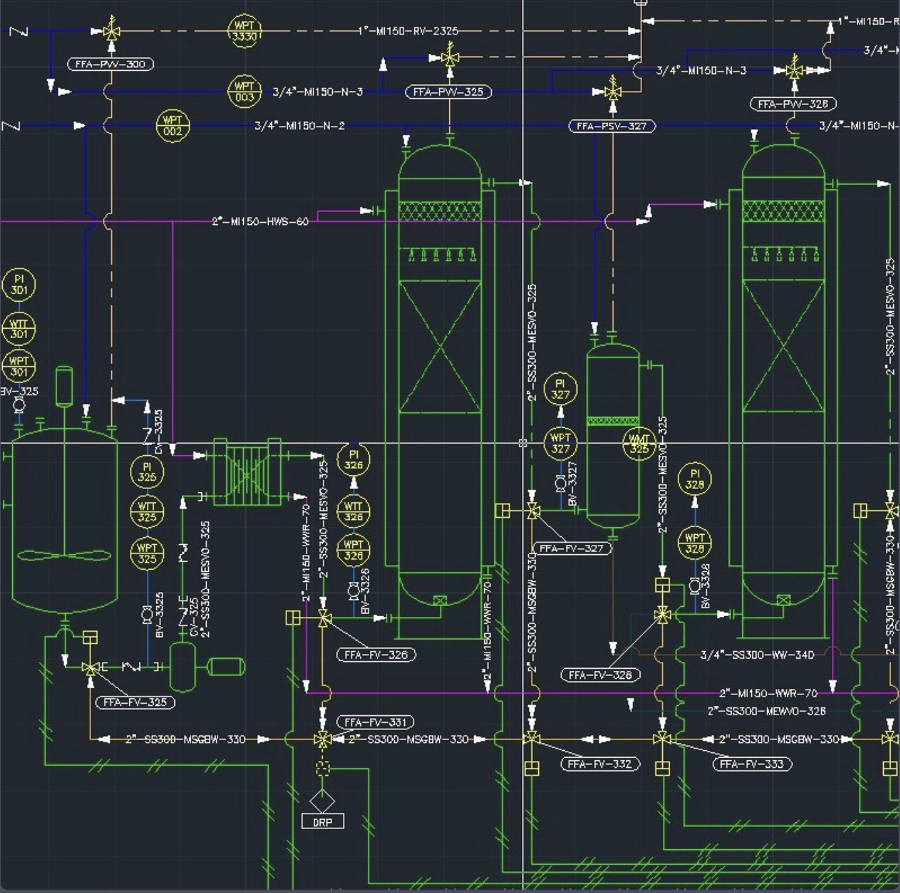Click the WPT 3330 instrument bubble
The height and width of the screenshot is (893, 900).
click(244, 31)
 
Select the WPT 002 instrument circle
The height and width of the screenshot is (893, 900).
click(172, 126)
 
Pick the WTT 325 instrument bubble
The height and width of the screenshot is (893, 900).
click(147, 512)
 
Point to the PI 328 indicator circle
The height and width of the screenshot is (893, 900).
click(695, 478)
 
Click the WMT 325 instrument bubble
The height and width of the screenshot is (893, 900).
click(639, 444)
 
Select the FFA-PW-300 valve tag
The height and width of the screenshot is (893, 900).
click(110, 64)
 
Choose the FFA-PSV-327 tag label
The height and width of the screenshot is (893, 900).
click(612, 126)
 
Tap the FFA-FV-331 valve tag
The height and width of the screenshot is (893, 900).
click(375, 722)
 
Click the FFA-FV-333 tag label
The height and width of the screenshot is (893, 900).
click(752, 764)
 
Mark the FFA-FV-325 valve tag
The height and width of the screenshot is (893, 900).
click(135, 702)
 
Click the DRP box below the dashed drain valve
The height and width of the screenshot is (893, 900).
click(323, 822)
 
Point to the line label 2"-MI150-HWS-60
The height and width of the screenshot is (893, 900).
click(260, 221)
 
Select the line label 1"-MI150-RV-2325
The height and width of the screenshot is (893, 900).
click(408, 31)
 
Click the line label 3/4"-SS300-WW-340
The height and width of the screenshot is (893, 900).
click(757, 654)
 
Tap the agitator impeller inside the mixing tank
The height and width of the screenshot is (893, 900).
click(64, 556)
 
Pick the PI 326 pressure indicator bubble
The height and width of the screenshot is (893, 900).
click(354, 459)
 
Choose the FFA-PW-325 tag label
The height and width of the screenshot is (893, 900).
click(448, 92)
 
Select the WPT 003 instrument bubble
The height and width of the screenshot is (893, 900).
click(244, 92)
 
